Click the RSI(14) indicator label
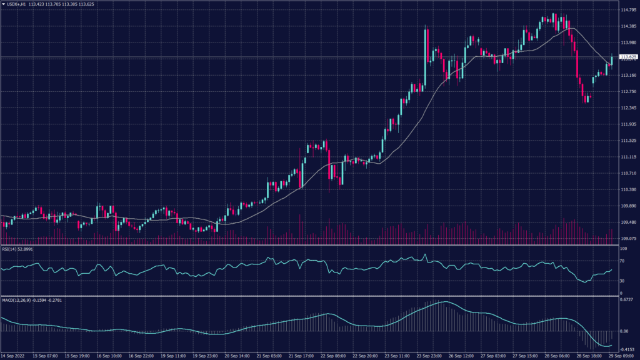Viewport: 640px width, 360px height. pos(11,249)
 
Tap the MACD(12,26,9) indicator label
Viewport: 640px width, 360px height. pos(16,299)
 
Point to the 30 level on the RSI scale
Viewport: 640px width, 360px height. pos(621,282)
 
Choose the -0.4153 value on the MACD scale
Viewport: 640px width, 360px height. pos(626,349)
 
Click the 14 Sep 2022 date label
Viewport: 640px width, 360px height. pos(14,356)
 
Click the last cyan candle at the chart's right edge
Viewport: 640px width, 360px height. pos(612,60)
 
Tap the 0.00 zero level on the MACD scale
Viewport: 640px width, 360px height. pos(623,331)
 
